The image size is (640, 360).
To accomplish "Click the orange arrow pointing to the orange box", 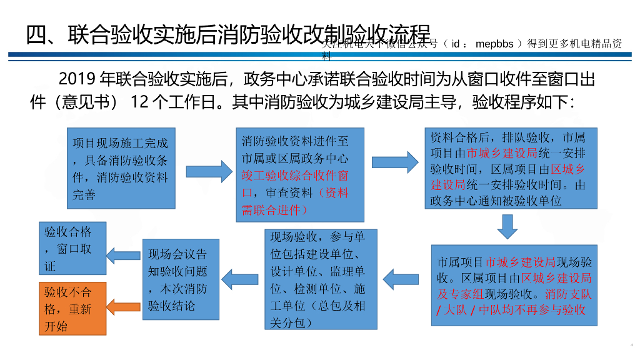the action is coord(123,306).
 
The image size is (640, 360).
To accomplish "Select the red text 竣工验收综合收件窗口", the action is coord(295,176).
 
